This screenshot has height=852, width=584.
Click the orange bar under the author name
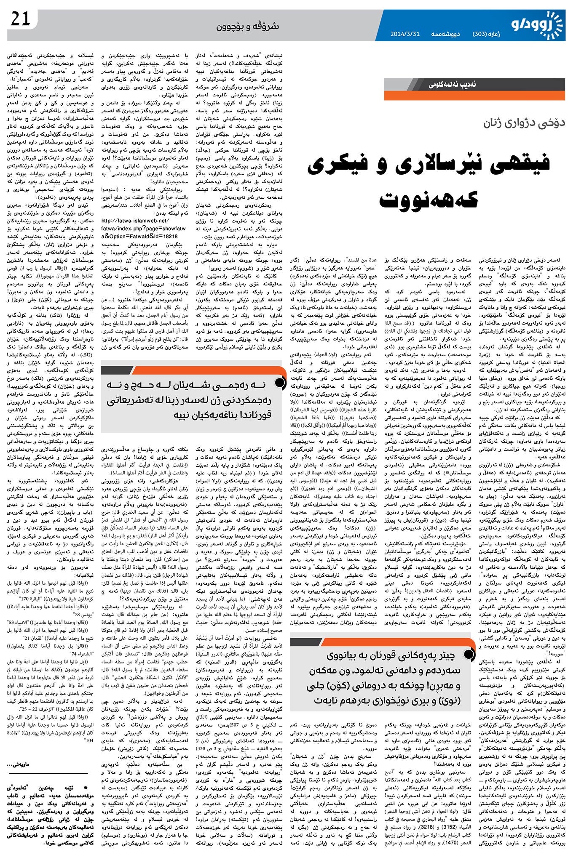[x=474, y=96]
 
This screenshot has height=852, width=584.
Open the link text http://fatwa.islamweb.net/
[x=135, y=221]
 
